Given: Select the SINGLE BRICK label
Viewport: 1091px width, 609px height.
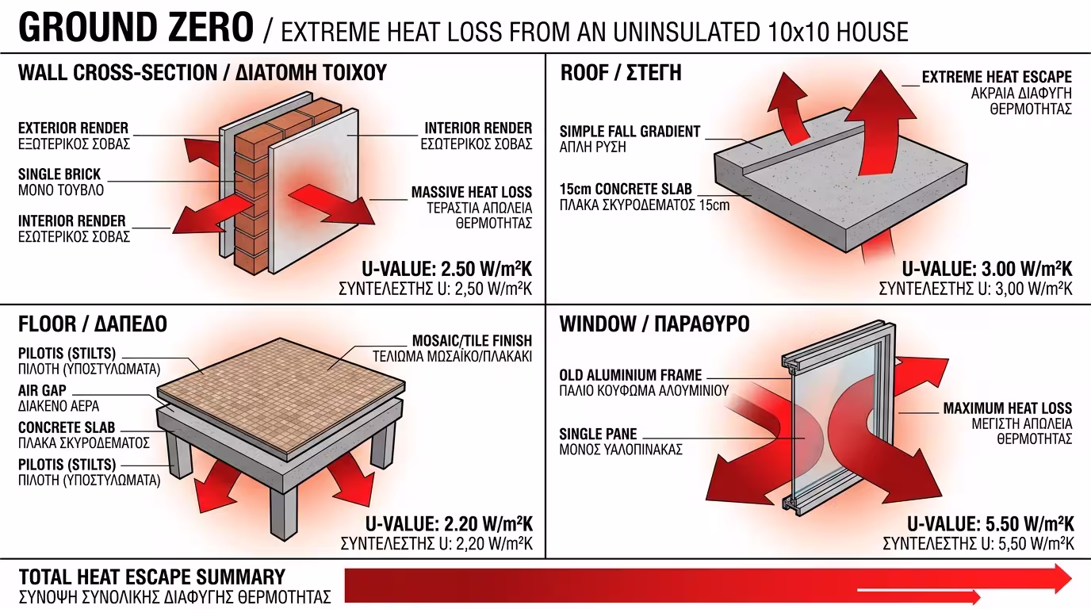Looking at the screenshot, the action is (59, 174).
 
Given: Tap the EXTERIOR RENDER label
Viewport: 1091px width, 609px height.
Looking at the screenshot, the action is (73, 128).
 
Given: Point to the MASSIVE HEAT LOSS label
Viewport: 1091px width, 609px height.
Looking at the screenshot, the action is (472, 192).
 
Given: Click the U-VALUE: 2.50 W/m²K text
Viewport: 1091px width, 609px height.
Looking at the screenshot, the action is (446, 269).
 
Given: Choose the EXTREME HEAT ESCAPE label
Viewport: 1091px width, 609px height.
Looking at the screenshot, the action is (997, 77).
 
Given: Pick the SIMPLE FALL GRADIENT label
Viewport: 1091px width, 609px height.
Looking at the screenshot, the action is (630, 132).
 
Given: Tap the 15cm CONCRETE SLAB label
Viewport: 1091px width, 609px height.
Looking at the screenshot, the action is (626, 189).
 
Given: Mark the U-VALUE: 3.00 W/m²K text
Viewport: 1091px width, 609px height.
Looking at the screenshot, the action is (987, 269).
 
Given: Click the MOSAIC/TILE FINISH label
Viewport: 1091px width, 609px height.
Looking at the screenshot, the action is (472, 340).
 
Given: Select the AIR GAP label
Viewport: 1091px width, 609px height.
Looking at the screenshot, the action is (42, 390).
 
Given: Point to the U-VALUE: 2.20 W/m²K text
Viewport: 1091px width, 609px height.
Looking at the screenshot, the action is (449, 524).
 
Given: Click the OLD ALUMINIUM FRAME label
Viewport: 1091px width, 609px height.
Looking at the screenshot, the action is (631, 375).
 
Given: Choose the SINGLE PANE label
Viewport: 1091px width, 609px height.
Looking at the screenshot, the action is (598, 434).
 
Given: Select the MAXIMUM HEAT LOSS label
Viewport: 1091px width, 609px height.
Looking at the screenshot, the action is (1008, 408).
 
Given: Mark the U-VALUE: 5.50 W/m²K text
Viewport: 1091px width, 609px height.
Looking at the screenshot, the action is (990, 524).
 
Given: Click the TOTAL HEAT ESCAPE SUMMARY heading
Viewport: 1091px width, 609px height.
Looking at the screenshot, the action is (152, 576).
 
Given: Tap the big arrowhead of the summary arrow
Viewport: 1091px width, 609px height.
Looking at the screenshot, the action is (1058, 578).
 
